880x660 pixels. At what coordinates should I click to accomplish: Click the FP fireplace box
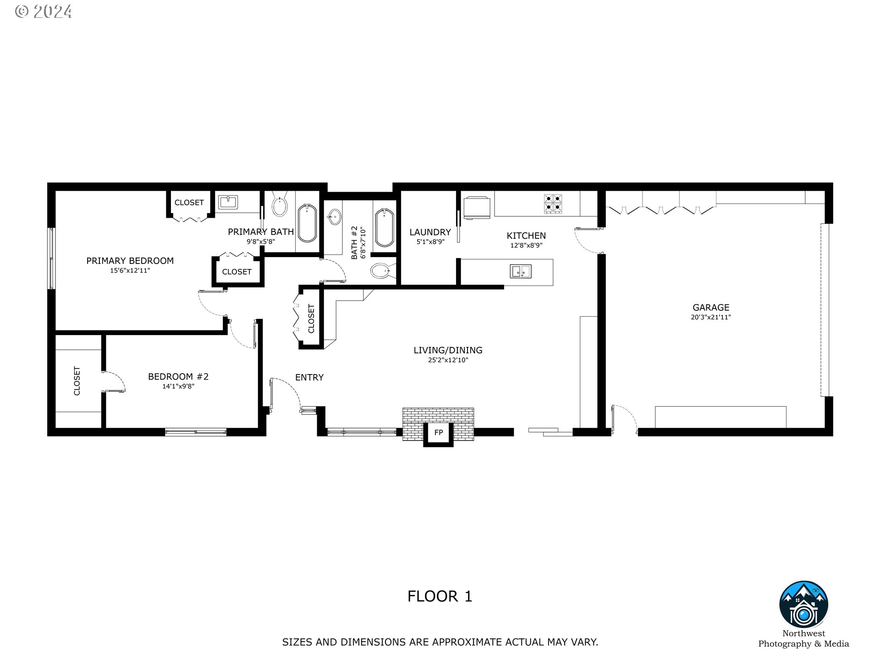(439, 433)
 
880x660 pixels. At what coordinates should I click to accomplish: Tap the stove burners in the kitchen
(553, 204)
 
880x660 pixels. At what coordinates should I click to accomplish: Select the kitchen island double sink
(521, 271)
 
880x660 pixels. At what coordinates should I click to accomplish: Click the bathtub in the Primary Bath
(307, 223)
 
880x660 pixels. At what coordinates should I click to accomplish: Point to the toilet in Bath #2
(380, 271)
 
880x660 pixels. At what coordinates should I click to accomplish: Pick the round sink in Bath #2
(334, 217)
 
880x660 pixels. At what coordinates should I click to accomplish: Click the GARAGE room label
(710, 308)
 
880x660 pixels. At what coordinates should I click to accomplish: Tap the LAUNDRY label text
(430, 232)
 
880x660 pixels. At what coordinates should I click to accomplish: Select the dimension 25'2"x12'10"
(448, 360)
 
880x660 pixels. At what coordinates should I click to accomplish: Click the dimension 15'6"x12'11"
(130, 271)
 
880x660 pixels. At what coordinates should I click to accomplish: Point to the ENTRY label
(309, 378)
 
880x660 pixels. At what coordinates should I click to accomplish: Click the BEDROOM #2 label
(178, 377)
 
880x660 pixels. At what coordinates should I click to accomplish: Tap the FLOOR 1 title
(440, 596)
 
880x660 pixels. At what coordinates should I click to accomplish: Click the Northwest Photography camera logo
(803, 605)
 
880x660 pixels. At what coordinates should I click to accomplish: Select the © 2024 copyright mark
(44, 11)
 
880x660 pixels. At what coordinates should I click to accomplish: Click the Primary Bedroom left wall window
(51, 258)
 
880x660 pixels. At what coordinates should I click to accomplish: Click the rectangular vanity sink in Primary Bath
(227, 202)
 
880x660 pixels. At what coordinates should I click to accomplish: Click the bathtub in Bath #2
(385, 227)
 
